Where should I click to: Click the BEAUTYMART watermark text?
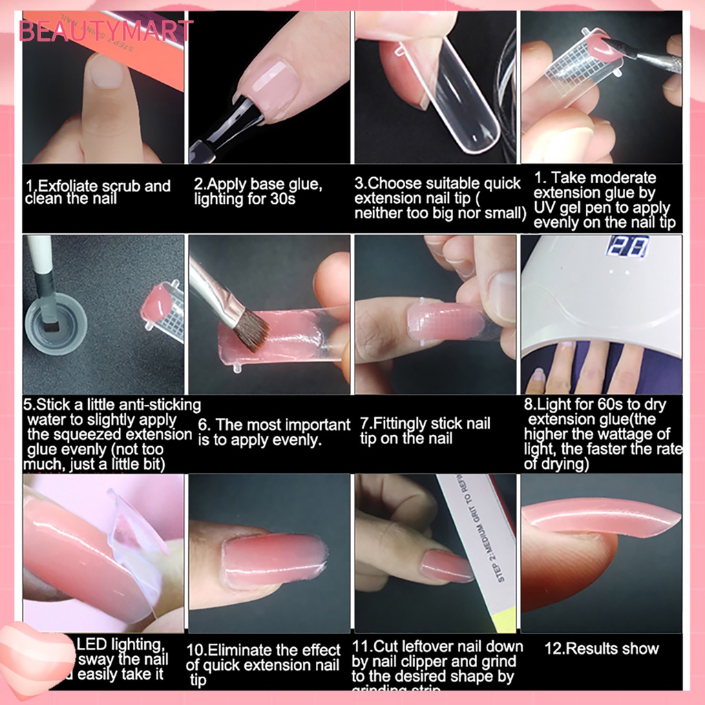tap(105, 30)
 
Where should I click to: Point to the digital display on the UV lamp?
tap(629, 246)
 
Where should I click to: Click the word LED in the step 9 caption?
tap(92, 644)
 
